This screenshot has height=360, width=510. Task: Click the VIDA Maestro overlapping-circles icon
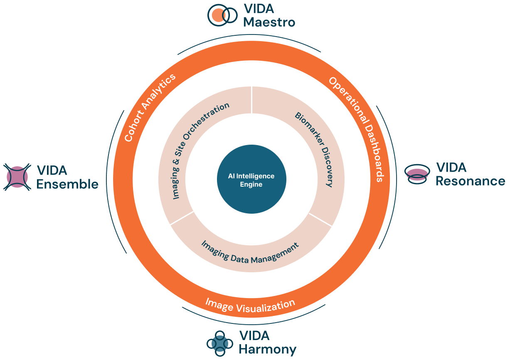click(x=222, y=15)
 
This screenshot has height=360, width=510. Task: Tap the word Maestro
click(x=269, y=22)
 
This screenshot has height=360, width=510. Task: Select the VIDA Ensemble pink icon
click(x=17, y=177)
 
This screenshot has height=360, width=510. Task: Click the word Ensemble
click(x=67, y=184)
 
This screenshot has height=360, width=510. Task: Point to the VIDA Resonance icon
click(x=417, y=174)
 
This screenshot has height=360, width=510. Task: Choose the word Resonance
click(x=471, y=181)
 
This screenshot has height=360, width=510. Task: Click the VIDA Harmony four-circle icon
click(x=220, y=344)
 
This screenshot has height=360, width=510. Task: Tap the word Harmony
click(x=268, y=350)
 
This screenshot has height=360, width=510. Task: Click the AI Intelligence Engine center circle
click(x=251, y=179)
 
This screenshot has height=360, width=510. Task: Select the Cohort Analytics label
click(x=150, y=108)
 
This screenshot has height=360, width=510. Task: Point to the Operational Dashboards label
click(x=357, y=129)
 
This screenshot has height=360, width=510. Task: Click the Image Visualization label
click(x=250, y=306)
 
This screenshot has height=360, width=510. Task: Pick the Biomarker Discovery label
click(x=314, y=149)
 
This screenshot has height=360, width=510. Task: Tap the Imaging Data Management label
click(x=250, y=253)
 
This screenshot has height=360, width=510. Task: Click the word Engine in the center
click(x=251, y=184)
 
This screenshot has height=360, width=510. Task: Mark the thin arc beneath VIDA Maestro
click(x=249, y=35)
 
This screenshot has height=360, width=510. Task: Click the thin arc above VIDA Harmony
click(x=254, y=324)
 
